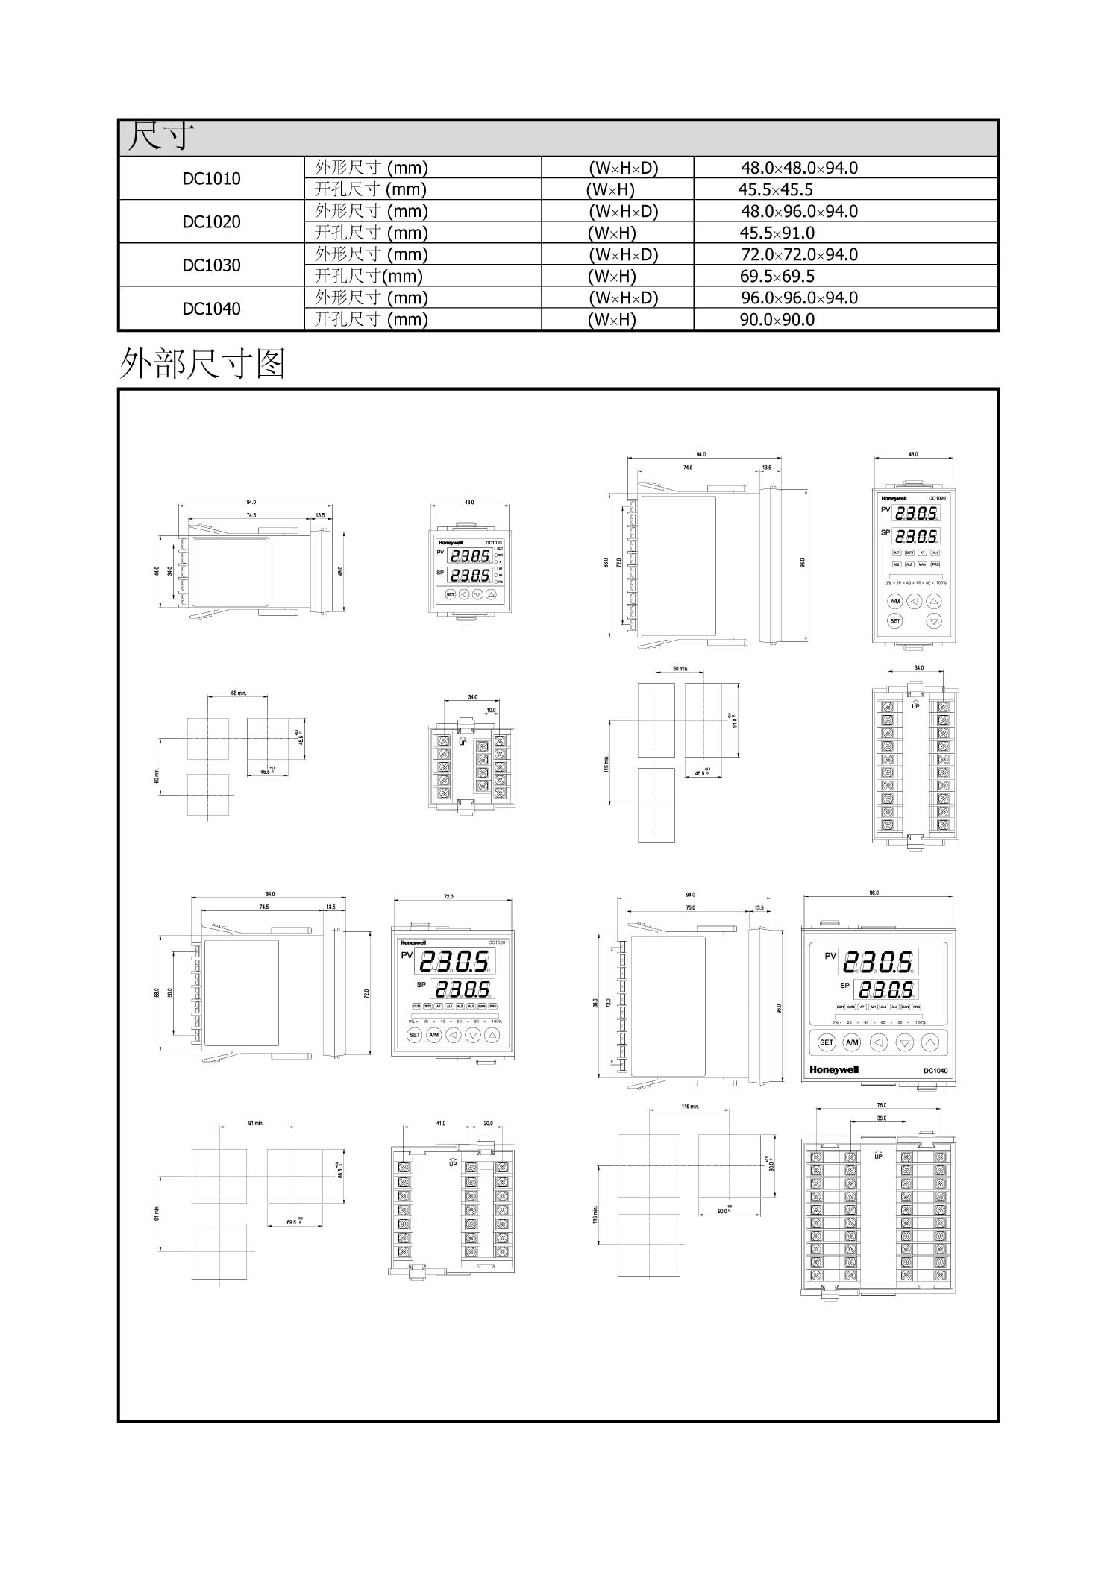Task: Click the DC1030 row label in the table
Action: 211,265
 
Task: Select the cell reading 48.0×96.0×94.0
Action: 799,211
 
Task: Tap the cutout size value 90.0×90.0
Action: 777,320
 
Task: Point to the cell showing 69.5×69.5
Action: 777,277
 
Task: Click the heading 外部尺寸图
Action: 202,364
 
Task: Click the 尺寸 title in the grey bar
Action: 160,137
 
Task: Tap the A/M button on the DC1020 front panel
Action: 895,601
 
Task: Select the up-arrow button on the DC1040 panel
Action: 930,1042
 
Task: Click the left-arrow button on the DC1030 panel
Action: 453,1035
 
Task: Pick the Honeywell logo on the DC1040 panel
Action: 834,1070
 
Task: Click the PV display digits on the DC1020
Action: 917,514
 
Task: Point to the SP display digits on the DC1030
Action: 463,989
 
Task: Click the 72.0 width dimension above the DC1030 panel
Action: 448,897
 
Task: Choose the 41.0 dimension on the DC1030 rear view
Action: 441,1124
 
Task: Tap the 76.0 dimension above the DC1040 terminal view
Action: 882,1105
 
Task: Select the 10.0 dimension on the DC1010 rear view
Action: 491,711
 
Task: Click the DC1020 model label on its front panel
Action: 937,498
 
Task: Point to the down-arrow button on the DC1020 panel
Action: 933,620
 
